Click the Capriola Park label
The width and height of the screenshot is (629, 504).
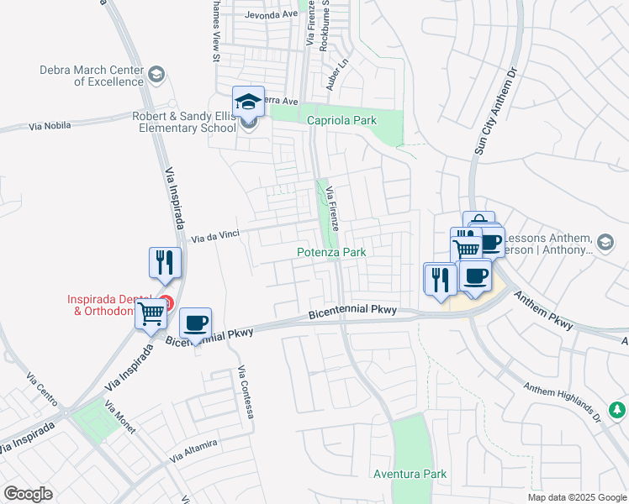coord(341,121)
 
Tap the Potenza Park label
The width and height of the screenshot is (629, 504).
coord(331,252)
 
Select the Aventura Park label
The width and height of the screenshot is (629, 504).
coord(410,475)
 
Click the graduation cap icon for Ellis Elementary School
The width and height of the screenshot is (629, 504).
coord(248,102)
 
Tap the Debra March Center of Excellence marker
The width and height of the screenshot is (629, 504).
coord(156,76)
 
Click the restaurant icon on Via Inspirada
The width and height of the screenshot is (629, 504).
coord(165,263)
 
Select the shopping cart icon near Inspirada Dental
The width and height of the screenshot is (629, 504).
coord(151,314)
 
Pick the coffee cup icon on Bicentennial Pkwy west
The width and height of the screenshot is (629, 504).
coord(195,323)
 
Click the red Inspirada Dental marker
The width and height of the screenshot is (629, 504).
coord(166,302)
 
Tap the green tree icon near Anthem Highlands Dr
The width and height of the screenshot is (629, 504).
coord(617,410)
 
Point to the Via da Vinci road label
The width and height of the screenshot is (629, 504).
coord(210,238)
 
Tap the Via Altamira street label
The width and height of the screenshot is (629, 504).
coord(193,451)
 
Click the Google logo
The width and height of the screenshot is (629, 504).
coord(28,494)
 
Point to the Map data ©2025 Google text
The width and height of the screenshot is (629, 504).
coord(576,497)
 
